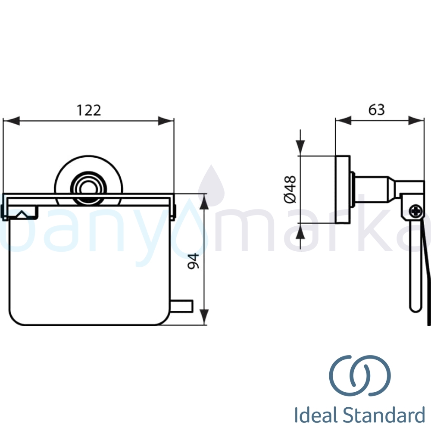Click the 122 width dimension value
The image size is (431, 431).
tap(89, 110)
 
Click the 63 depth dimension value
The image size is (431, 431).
tap(376, 110)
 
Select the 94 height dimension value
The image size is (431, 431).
tap(194, 261)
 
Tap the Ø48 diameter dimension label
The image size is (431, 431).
tap(290, 190)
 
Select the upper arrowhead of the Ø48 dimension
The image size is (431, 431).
tap(300, 147)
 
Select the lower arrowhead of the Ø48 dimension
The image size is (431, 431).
tap(300, 232)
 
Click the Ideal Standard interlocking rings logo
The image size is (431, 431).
tap(360, 375)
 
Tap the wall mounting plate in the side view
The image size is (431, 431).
tap(343, 189)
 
